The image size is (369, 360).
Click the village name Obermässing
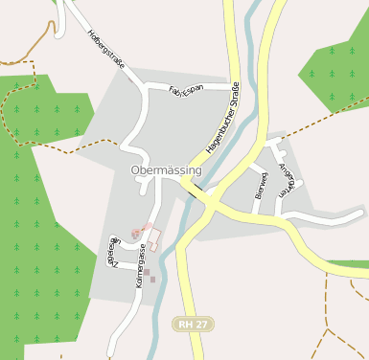pyautogui.click(x=166, y=170)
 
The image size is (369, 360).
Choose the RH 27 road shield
pyautogui.click(x=194, y=325)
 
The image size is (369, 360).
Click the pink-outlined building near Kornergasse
pyautogui.click(x=152, y=235)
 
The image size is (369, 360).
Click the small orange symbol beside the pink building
pyautogui.click(x=137, y=232)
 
